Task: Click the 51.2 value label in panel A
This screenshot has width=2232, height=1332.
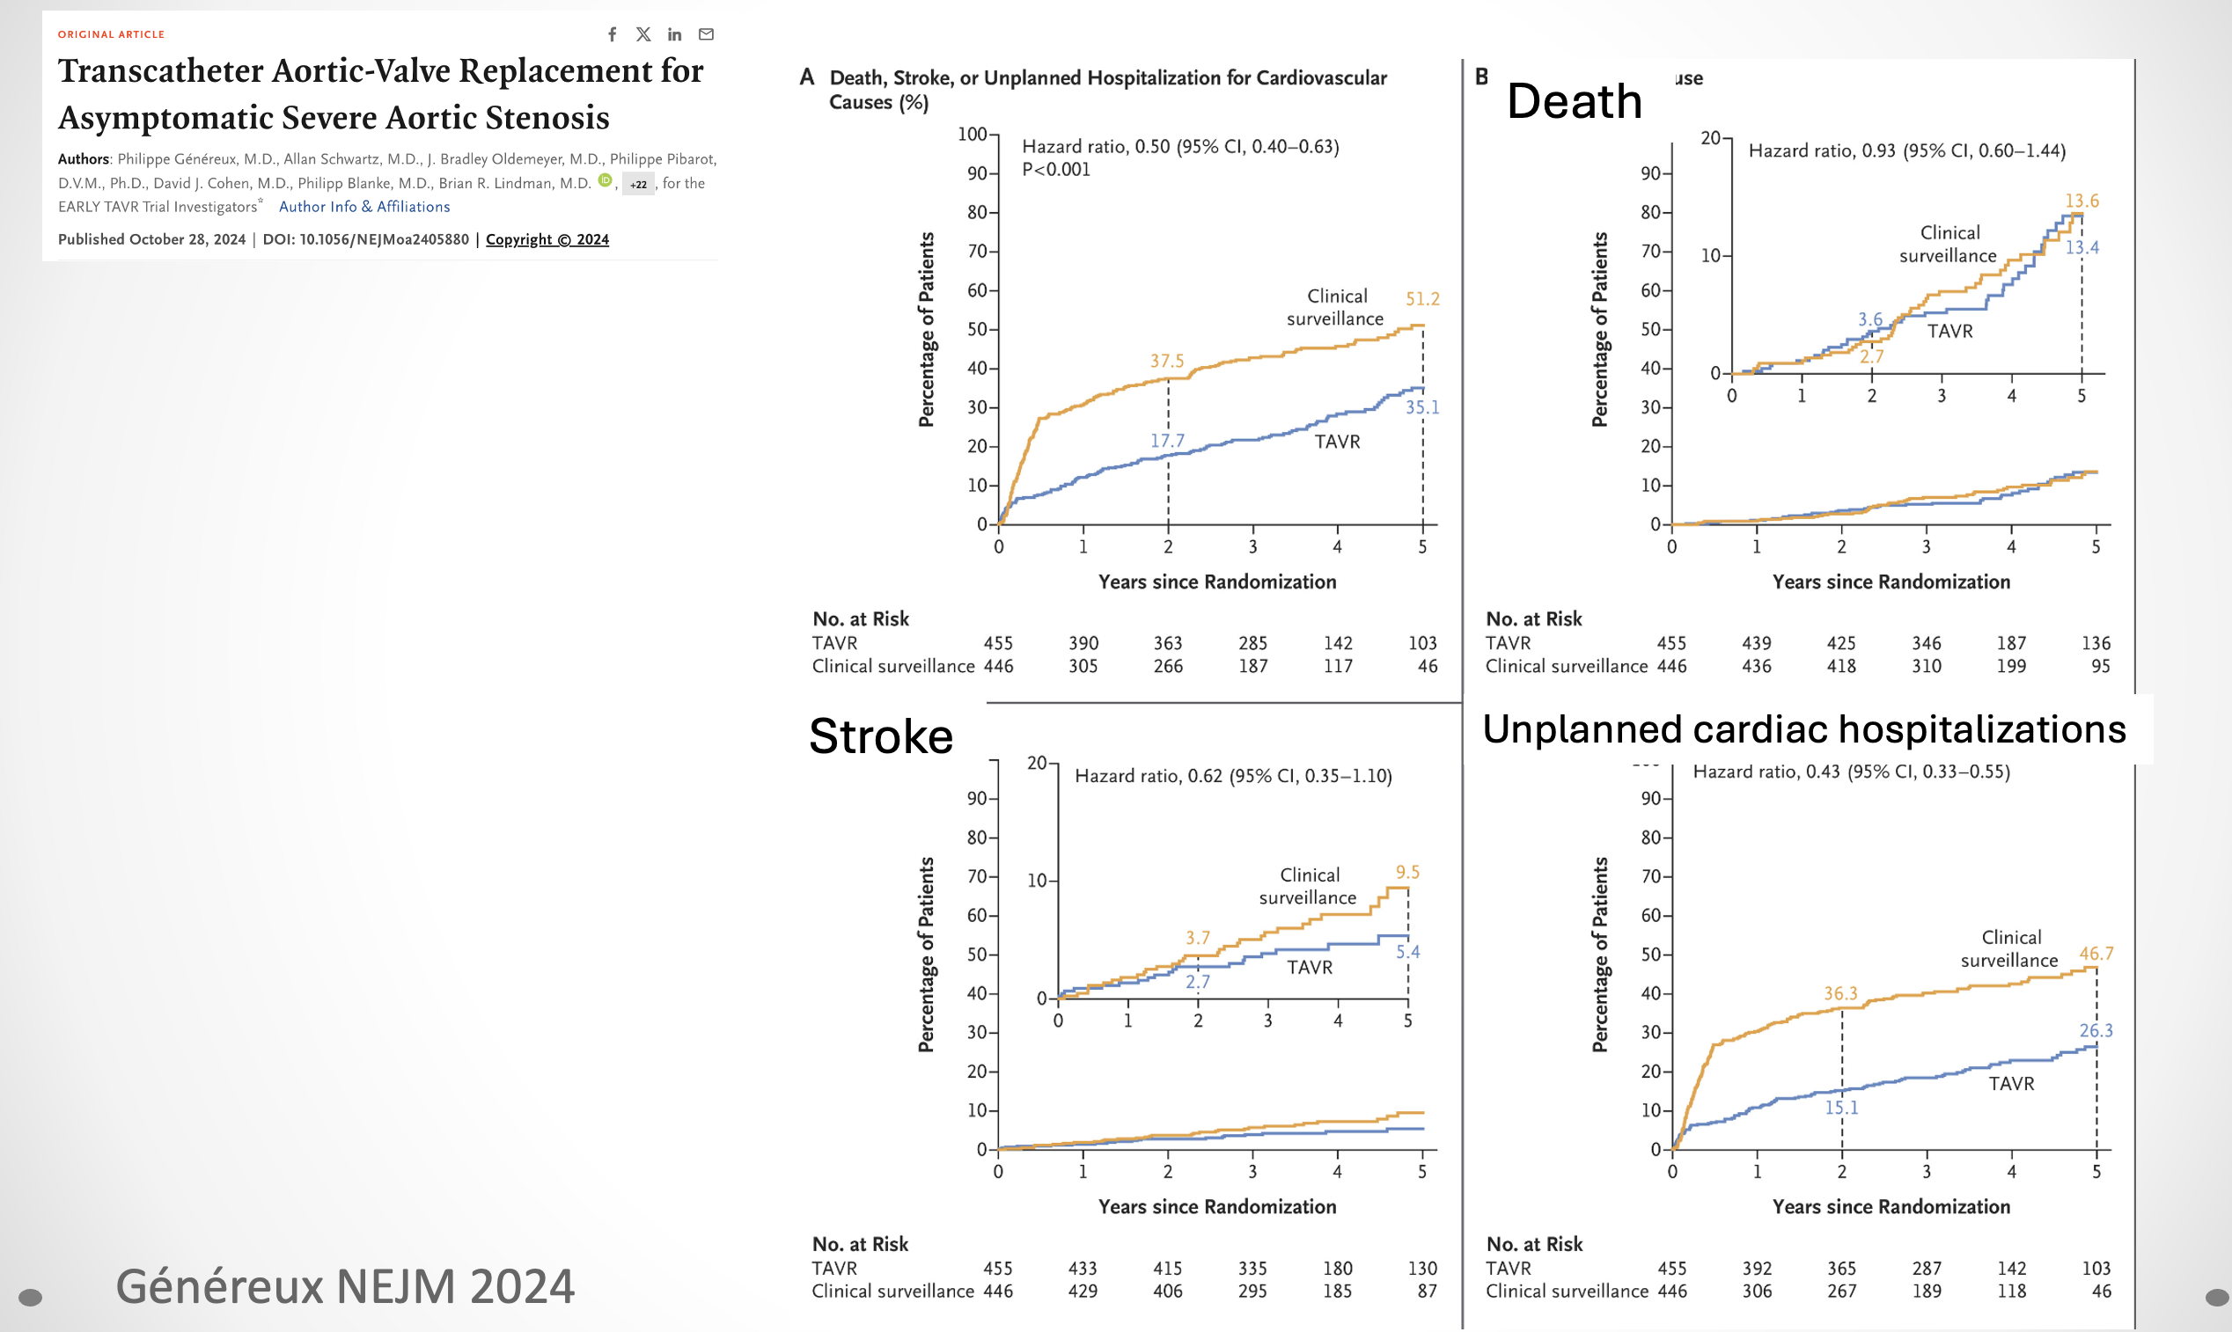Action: click(x=1422, y=299)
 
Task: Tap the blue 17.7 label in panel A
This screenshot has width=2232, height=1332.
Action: click(x=1167, y=441)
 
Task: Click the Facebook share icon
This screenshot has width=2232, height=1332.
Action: click(x=613, y=34)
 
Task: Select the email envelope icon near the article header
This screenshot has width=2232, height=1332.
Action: click(x=707, y=34)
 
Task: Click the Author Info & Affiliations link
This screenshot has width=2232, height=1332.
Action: click(x=364, y=207)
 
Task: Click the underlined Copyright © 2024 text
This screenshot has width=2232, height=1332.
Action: click(x=547, y=239)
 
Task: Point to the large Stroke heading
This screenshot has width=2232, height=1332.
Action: click(x=881, y=736)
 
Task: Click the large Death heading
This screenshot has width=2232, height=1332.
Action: click(x=1574, y=100)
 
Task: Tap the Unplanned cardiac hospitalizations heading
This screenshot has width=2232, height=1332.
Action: click(x=1803, y=728)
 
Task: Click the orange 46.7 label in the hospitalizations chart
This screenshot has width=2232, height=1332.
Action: click(x=2096, y=953)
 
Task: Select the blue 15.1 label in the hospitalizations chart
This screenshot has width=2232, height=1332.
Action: click(x=1840, y=1108)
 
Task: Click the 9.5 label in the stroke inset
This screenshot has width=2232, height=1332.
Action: click(x=1408, y=873)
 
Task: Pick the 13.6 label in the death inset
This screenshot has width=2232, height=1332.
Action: click(x=2082, y=201)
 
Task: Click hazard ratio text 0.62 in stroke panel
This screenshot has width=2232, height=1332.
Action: click(x=1233, y=776)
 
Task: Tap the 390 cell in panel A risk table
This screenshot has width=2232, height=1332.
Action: click(x=1083, y=643)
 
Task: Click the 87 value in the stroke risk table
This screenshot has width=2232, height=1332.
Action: click(x=1427, y=1291)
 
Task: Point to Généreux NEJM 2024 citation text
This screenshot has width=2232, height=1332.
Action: click(x=345, y=1286)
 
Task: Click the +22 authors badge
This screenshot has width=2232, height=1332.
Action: click(x=638, y=185)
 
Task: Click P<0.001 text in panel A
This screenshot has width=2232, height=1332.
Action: click(x=1056, y=170)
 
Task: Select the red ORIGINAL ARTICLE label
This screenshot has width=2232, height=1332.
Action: click(x=111, y=34)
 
